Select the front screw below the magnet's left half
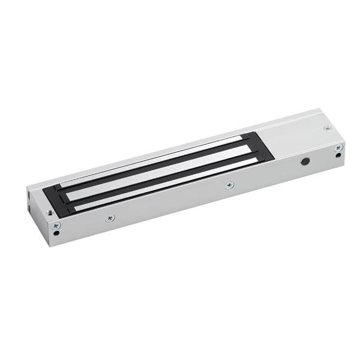point(110,218)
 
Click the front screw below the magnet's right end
point(229,185)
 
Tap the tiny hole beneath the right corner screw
point(340,156)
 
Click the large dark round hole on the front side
point(305,163)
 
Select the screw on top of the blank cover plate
point(326,128)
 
